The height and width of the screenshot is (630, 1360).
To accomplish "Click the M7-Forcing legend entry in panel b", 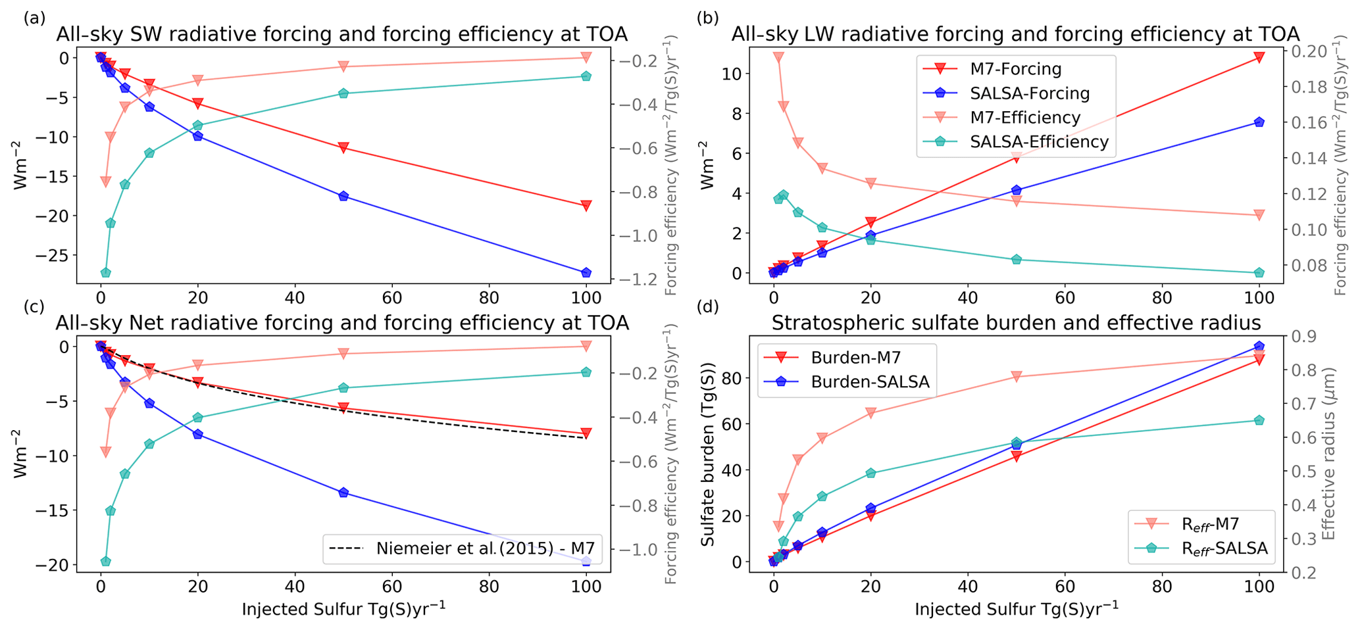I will (x=1015, y=69).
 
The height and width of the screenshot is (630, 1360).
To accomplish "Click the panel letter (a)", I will (x=34, y=18).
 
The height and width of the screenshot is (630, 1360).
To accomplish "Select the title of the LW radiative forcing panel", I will (x=1015, y=34).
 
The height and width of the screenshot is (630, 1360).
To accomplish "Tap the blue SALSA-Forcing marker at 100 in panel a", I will (x=586, y=272).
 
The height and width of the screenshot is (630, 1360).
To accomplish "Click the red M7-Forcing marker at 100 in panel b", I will (x=1259, y=58).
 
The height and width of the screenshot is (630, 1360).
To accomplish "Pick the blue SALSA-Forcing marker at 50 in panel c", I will (x=343, y=493).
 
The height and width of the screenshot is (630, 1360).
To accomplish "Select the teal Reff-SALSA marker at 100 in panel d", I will (x=1259, y=420).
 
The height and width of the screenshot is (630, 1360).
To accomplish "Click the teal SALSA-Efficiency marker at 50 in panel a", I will (x=343, y=93).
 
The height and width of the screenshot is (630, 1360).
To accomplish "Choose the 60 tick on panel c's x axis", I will (x=391, y=587).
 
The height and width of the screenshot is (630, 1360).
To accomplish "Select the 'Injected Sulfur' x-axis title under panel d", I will (x=1016, y=610).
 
